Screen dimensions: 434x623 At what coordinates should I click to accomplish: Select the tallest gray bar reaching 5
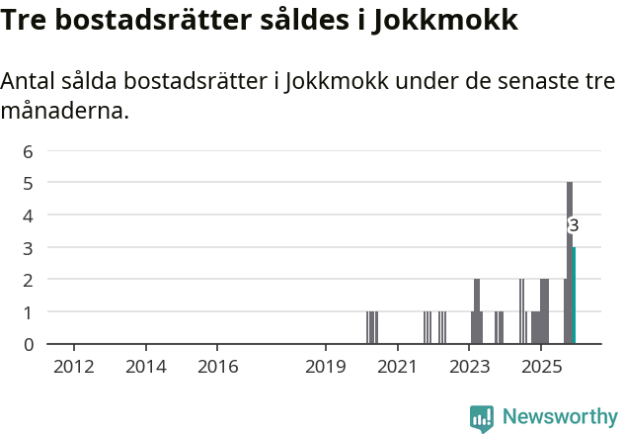tap(570, 262)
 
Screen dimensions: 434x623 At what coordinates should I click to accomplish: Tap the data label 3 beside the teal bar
tap(574, 225)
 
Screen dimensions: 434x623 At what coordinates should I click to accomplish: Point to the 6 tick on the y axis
tap(29, 151)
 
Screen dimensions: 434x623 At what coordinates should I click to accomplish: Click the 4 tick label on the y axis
tap(29, 216)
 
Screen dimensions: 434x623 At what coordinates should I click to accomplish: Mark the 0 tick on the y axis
tap(29, 344)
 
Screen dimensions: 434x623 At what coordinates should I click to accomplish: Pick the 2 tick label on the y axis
tap(29, 280)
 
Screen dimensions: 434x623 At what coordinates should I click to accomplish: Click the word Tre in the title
tap(27, 20)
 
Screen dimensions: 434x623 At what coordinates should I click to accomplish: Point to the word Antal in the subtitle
tap(32, 82)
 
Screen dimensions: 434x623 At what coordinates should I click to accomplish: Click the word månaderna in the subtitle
tap(65, 111)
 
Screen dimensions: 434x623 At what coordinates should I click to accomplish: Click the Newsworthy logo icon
tap(482, 418)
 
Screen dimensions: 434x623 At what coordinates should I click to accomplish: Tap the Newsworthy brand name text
tap(560, 417)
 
